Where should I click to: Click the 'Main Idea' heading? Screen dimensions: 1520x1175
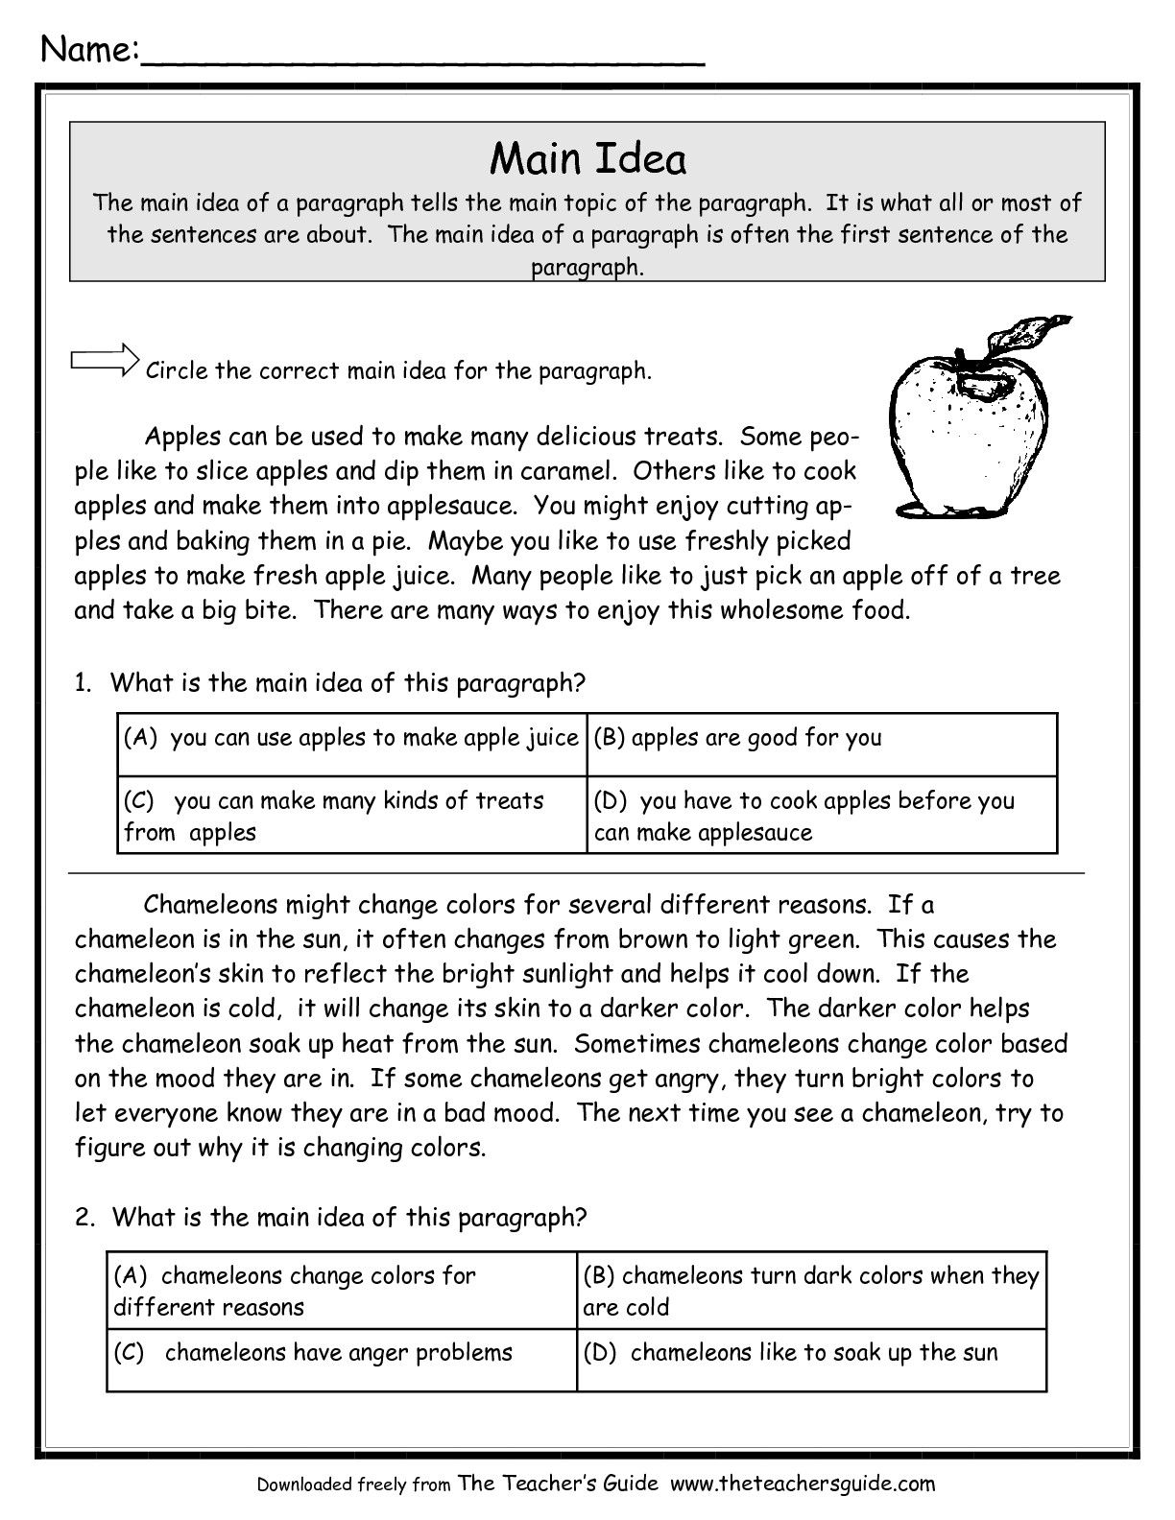click(x=587, y=158)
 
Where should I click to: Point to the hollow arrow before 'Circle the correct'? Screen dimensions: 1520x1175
click(x=105, y=361)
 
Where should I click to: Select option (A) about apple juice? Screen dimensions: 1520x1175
click(x=350, y=738)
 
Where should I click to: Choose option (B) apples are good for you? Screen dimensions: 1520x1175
click(x=737, y=738)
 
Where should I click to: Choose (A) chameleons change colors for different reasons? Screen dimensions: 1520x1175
click(x=295, y=1291)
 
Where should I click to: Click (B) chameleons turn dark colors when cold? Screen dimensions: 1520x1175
click(x=810, y=1291)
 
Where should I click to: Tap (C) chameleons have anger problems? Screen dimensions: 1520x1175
click(x=313, y=1353)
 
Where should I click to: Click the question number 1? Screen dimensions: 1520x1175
click(x=83, y=683)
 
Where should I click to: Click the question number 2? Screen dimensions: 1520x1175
click(x=84, y=1218)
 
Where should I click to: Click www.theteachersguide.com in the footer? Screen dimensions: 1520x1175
click(x=802, y=1484)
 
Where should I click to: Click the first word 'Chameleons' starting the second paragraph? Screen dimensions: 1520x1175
click(x=210, y=905)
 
